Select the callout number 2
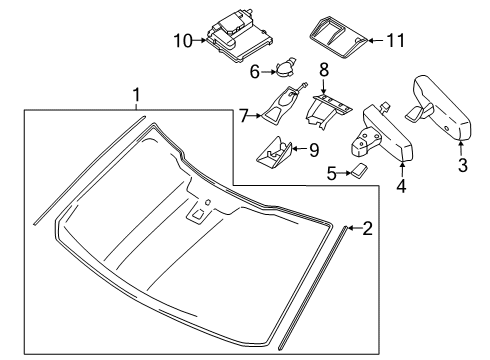coord(367,257)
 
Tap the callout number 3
coord(461,165)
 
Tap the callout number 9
coord(312,149)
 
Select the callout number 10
coord(181,41)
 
